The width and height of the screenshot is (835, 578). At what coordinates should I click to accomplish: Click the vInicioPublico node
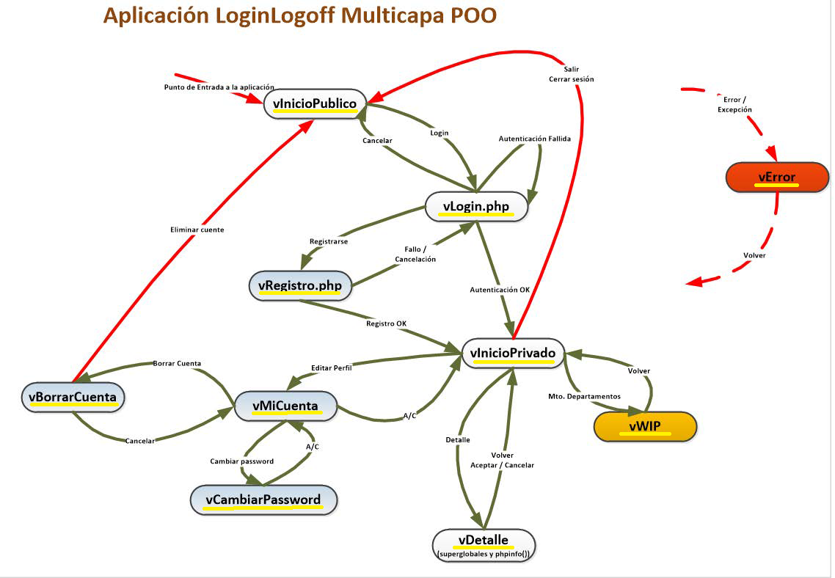[x=314, y=103]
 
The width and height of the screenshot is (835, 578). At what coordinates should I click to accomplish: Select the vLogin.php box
[x=476, y=206]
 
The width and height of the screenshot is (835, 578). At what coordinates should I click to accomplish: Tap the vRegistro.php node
[x=300, y=285]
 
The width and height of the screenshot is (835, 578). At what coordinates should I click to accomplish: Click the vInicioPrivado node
[x=513, y=353]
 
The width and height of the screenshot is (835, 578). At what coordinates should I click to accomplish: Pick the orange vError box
[x=776, y=178]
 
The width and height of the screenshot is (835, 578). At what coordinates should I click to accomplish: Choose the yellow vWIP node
[x=644, y=426]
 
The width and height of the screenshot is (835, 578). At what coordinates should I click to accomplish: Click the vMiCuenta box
[x=285, y=405]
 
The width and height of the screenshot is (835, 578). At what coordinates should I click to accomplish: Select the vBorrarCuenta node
[x=73, y=397]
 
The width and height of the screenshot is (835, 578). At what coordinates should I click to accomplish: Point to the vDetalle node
[x=484, y=544]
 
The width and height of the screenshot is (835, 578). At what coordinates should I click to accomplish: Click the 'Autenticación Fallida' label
[x=534, y=138]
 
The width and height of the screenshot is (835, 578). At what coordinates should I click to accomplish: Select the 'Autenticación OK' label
[x=500, y=290]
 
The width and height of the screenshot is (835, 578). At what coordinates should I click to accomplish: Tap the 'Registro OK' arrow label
[x=386, y=323]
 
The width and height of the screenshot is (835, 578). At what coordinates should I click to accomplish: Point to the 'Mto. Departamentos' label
[x=584, y=396]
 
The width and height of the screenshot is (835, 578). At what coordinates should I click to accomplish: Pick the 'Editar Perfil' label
[x=331, y=367]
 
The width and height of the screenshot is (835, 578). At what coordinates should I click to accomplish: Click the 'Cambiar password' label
[x=241, y=461]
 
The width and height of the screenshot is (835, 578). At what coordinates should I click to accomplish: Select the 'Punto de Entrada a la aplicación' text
[x=219, y=87]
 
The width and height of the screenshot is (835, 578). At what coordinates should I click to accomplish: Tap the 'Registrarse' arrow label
[x=328, y=241]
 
